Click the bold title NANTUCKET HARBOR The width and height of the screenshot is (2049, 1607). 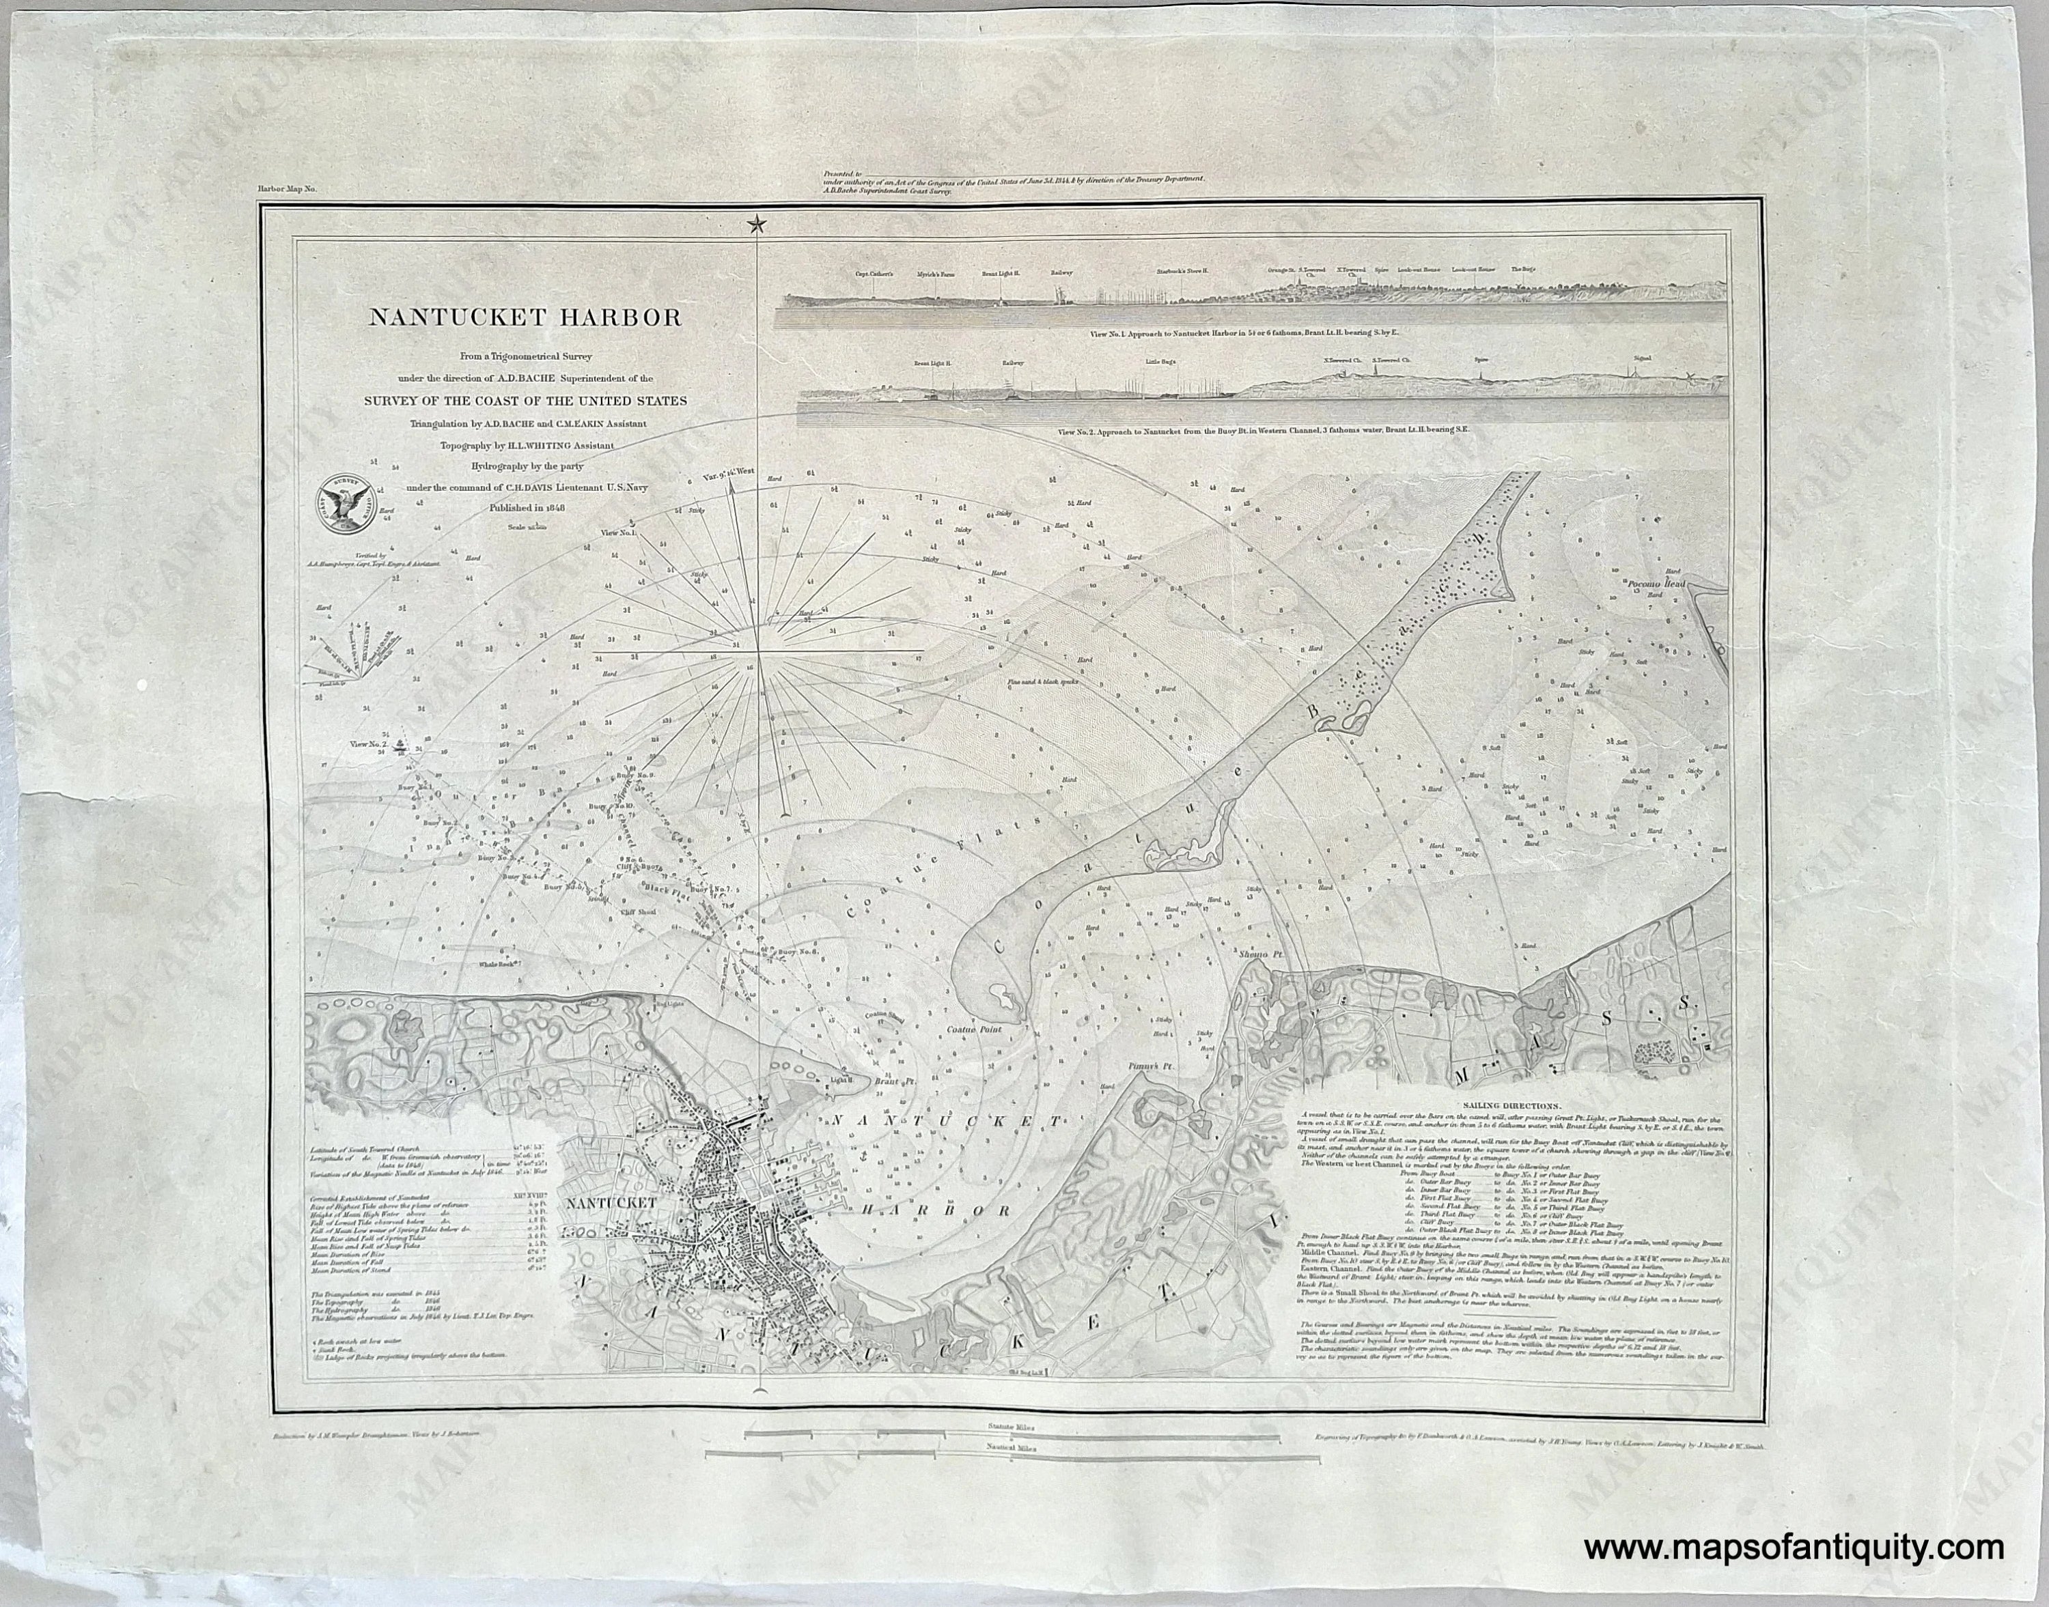coord(525,317)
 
